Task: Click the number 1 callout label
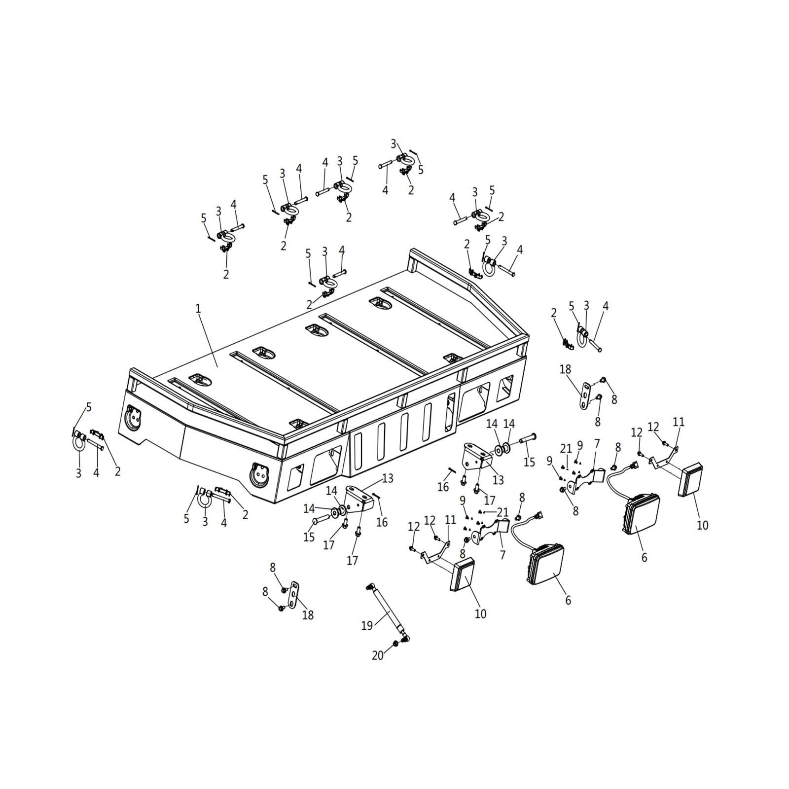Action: point(198,309)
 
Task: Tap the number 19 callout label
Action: point(367,626)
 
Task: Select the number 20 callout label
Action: point(378,655)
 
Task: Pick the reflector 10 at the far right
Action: point(690,479)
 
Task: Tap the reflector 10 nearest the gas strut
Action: point(462,574)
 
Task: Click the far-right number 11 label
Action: point(679,422)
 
